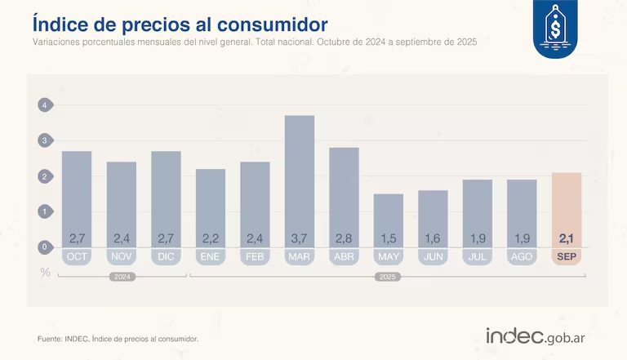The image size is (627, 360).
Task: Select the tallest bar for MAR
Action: pyautogui.click(x=299, y=180)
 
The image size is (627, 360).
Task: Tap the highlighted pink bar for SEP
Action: pyautogui.click(x=567, y=208)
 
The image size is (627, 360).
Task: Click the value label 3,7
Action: pyautogui.click(x=299, y=238)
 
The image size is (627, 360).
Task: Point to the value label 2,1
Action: pyautogui.click(x=567, y=238)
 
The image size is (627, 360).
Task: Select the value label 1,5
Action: pyautogui.click(x=389, y=238)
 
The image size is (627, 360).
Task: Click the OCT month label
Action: pyautogui.click(x=77, y=256)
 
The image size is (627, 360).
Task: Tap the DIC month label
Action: pyautogui.click(x=166, y=256)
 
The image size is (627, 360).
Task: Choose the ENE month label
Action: pyautogui.click(x=211, y=256)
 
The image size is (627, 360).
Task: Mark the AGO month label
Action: pyautogui.click(x=522, y=256)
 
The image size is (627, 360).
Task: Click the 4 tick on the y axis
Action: pyautogui.click(x=46, y=104)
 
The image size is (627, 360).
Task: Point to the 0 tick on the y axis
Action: pyautogui.click(x=46, y=247)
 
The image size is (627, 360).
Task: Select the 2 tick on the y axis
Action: pyautogui.click(x=46, y=176)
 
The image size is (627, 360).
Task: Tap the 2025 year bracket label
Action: pyautogui.click(x=389, y=277)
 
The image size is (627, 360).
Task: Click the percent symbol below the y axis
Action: pyautogui.click(x=46, y=272)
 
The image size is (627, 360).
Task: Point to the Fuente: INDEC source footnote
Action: pyautogui.click(x=118, y=338)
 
